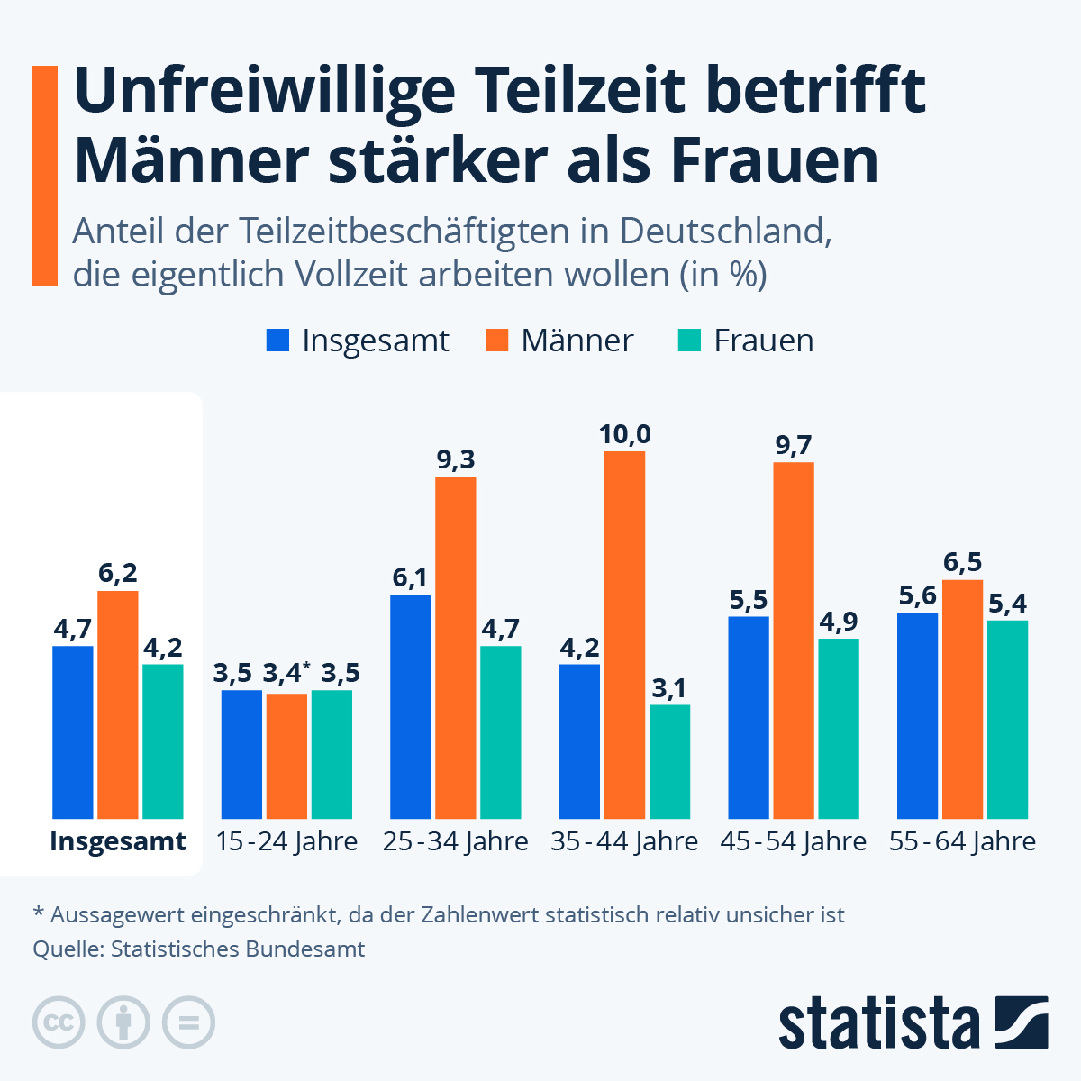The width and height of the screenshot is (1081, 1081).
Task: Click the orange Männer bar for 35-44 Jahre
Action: click(x=624, y=635)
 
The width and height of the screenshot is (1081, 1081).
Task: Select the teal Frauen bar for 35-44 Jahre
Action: click(x=669, y=761)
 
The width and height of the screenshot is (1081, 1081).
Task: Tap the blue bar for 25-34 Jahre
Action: click(x=411, y=706)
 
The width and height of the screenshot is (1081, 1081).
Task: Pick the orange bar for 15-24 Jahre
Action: click(x=286, y=756)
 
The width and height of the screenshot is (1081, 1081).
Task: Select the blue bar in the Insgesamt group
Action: click(x=73, y=731)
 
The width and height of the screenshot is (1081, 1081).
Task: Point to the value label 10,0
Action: click(x=624, y=435)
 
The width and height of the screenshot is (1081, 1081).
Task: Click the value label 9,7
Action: click(x=794, y=445)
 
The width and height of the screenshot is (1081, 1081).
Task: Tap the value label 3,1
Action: click(x=669, y=689)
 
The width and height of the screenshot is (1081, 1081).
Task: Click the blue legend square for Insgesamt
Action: click(x=277, y=341)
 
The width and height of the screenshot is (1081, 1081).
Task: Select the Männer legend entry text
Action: click(x=577, y=341)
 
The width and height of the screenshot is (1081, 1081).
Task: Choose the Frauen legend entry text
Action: click(x=763, y=341)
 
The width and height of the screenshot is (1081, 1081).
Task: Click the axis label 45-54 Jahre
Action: click(x=793, y=841)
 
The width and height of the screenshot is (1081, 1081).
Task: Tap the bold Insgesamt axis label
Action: click(x=118, y=841)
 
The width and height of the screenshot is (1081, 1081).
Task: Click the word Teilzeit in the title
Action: click(x=589, y=90)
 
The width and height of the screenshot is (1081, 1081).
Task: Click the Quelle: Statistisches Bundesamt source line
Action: click(x=199, y=949)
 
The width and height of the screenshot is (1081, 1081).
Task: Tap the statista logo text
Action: click(x=879, y=1023)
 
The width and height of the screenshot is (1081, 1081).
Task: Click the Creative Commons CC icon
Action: click(x=59, y=1023)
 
